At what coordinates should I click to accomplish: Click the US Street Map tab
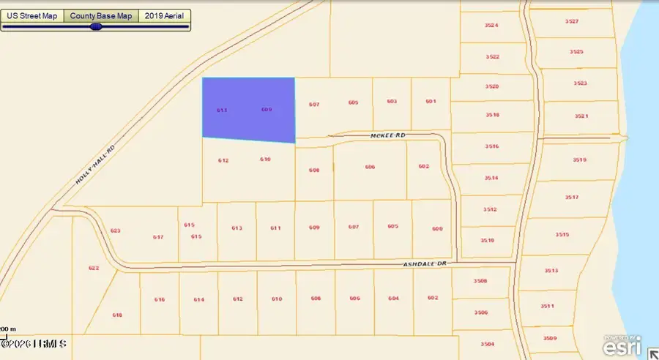click(x=32, y=15)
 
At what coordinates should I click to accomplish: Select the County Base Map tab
click(x=101, y=15)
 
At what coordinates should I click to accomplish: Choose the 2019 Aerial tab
click(x=165, y=15)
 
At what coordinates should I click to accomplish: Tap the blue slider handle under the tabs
click(x=95, y=26)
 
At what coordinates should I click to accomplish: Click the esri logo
click(x=623, y=345)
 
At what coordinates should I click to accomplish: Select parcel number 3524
click(x=491, y=26)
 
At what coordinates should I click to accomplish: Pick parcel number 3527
click(x=572, y=22)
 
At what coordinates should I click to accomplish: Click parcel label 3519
click(x=579, y=160)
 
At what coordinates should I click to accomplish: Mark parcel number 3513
click(x=551, y=271)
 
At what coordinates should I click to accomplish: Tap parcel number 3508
click(x=480, y=281)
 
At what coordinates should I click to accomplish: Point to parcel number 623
click(x=115, y=230)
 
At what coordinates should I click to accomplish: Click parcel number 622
click(x=94, y=268)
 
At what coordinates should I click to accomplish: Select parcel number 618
click(x=117, y=315)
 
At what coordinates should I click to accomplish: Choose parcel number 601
click(x=430, y=102)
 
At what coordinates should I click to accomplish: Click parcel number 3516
click(x=491, y=146)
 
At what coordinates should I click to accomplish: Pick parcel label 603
click(x=392, y=102)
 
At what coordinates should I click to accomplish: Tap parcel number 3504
click(x=488, y=344)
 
